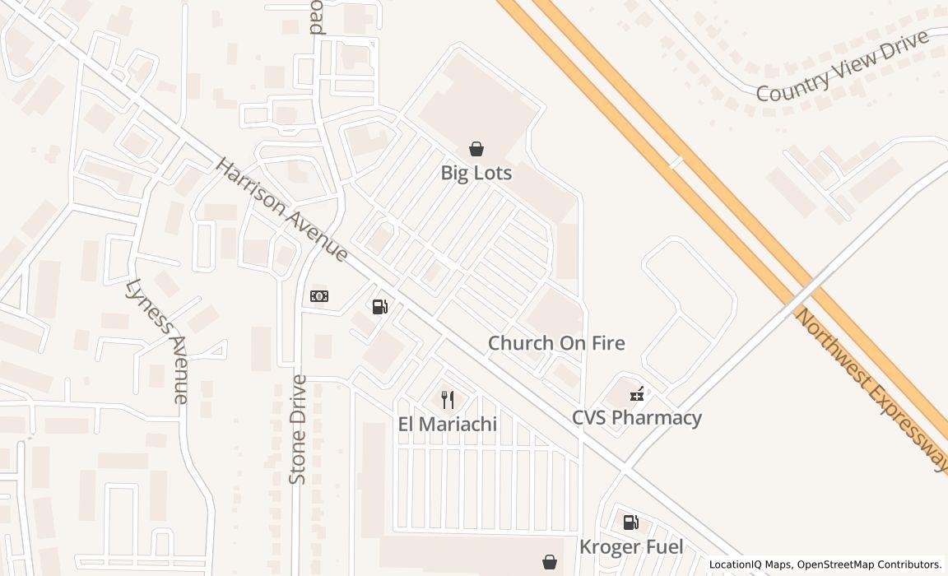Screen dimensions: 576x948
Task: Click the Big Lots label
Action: click(476, 173)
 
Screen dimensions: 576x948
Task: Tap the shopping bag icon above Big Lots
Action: click(476, 149)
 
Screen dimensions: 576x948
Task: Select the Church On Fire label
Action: click(556, 343)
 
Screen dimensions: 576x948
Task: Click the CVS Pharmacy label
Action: click(637, 417)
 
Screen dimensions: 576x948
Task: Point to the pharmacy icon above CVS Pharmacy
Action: click(636, 393)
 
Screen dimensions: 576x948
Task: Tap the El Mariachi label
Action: click(448, 425)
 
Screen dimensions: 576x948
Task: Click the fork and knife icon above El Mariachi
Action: click(448, 400)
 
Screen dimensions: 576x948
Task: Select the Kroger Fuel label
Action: click(631, 546)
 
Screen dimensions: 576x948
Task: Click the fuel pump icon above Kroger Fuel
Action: click(630, 522)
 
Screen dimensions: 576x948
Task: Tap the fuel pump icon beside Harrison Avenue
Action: click(379, 307)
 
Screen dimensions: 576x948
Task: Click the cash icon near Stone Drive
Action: click(319, 296)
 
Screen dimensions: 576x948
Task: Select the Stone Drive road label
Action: click(298, 429)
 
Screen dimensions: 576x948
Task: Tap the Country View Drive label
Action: click(842, 67)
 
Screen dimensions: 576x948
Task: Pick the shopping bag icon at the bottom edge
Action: click(550, 562)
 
